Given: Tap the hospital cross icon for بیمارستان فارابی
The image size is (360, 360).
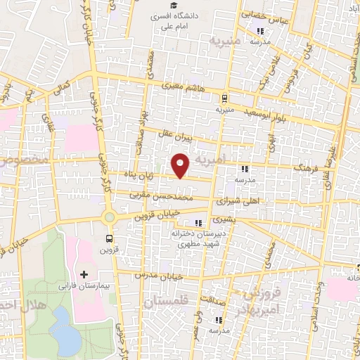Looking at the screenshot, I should coord(85,274).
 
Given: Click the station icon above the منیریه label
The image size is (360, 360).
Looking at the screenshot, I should coord(224,99).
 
